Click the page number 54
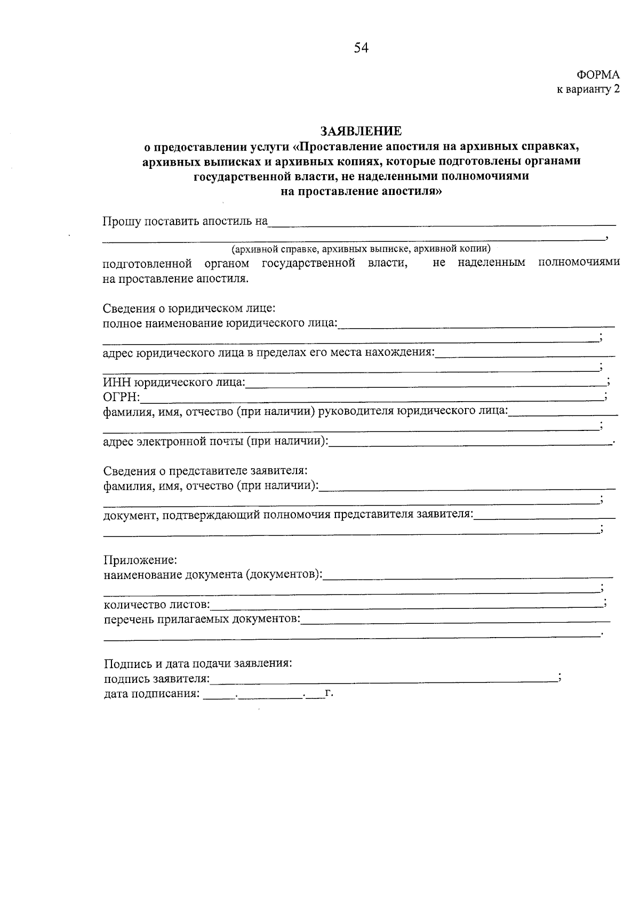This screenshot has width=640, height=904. (361, 48)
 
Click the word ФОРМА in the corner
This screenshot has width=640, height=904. (598, 75)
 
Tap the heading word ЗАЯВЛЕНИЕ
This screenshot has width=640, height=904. (361, 131)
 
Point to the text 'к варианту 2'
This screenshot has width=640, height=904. (588, 89)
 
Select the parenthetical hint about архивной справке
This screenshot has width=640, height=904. (361, 248)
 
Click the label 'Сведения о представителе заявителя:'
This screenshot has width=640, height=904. (205, 471)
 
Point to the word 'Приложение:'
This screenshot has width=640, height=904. (140, 560)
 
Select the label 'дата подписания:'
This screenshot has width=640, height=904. (151, 694)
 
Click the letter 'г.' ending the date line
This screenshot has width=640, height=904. (329, 693)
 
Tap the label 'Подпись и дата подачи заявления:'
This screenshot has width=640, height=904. (198, 664)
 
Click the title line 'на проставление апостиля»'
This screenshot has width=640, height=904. (361, 191)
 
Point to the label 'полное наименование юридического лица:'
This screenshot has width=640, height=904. (220, 323)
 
